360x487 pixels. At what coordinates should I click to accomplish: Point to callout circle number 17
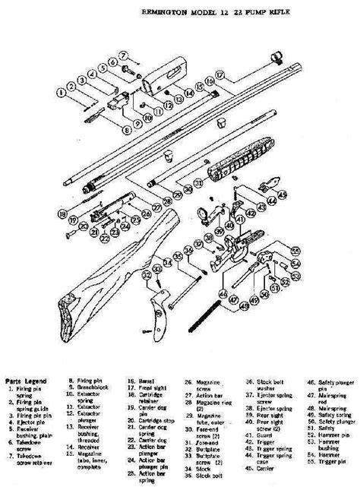220,75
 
